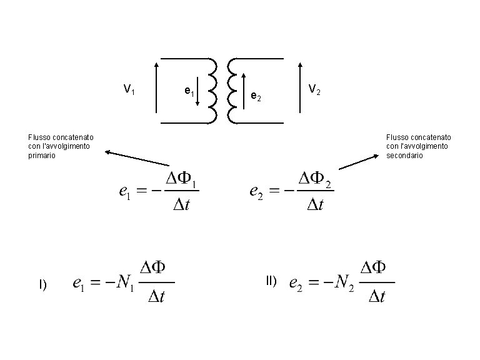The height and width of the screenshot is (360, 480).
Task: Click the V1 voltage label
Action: coord(128,90)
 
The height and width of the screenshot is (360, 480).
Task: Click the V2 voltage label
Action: coord(314,91)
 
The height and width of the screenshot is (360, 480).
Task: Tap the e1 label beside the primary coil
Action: coord(189,92)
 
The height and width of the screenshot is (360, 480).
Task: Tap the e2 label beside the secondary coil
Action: coord(256,96)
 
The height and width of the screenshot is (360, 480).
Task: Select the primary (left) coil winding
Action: coord(212,90)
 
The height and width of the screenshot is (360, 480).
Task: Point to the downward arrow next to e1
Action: coord(197,91)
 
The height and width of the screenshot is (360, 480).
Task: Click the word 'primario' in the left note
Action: coord(42,156)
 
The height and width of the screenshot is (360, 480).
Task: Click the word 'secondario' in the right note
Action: coord(404,156)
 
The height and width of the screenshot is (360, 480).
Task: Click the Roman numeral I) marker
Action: coord(42,284)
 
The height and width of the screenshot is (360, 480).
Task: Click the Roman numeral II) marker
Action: coord(271,281)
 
